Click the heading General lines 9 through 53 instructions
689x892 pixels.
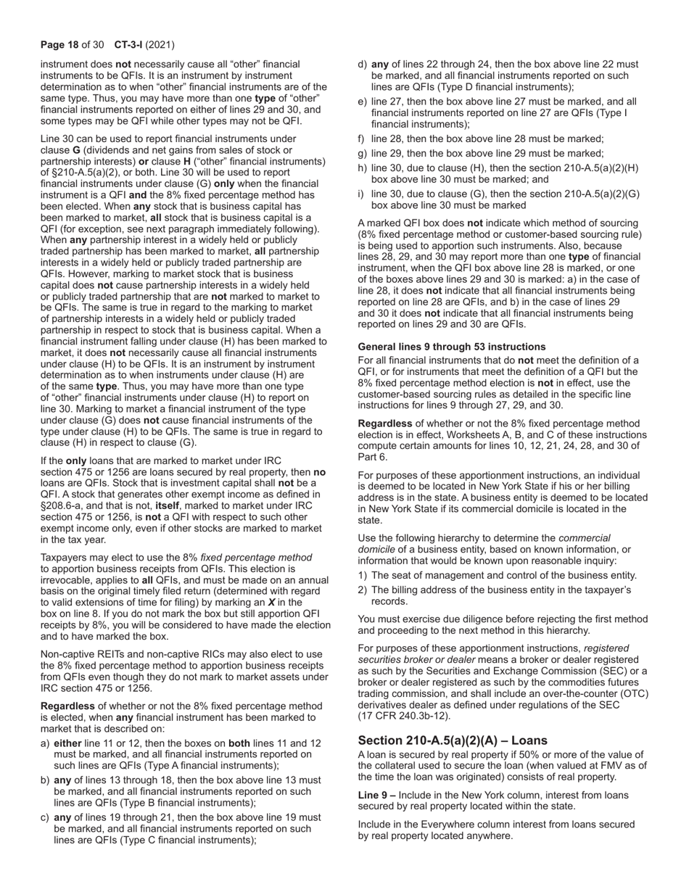coord(452,347)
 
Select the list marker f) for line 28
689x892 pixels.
coord(362,139)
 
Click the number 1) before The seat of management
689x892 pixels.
coord(363,575)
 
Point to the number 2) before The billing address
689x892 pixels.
coord(363,590)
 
